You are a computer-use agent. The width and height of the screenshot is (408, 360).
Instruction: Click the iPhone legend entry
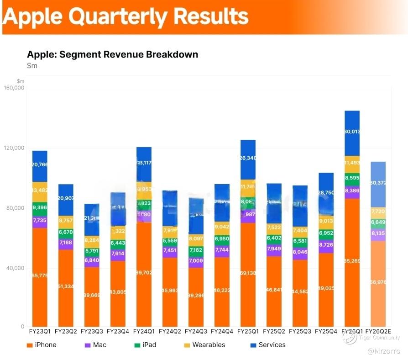[42, 345]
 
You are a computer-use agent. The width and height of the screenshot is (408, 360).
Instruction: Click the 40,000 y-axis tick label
[15, 268]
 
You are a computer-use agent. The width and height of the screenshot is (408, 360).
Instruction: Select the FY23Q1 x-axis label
[40, 330]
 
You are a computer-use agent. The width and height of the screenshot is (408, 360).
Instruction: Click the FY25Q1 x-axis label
[248, 330]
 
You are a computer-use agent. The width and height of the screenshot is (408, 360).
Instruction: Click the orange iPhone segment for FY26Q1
[352, 260]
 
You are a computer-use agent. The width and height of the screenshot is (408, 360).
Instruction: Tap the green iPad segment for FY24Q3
[196, 250]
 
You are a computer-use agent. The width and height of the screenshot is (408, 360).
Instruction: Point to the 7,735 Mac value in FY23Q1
[40, 220]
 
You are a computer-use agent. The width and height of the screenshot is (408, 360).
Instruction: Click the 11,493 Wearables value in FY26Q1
[352, 163]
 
